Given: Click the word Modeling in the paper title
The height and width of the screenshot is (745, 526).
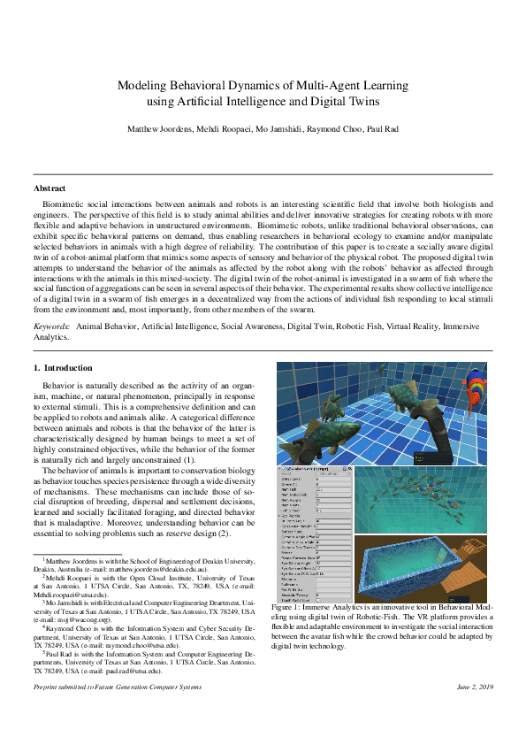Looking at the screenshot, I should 144,86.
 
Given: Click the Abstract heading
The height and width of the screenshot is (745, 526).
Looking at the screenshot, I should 50,188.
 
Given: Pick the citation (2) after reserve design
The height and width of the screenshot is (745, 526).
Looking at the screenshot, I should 225,534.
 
